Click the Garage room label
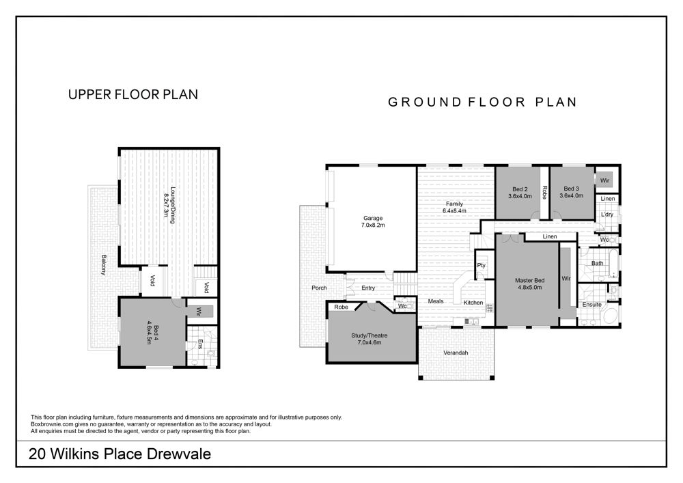click(x=373, y=218)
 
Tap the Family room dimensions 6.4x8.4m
click(x=454, y=211)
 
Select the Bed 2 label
click(x=520, y=189)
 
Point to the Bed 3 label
click(x=571, y=189)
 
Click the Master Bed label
click(x=530, y=281)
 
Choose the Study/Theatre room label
click(x=370, y=335)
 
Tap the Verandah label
click(x=456, y=353)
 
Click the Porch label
click(x=319, y=288)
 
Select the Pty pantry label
click(x=482, y=266)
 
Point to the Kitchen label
click(x=473, y=303)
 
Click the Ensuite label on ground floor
click(x=592, y=305)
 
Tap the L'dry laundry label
click(x=607, y=215)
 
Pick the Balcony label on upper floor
click(x=103, y=265)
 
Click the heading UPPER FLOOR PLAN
click(x=133, y=94)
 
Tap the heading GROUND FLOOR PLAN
click(x=483, y=102)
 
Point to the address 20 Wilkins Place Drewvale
click(x=120, y=454)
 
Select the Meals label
click(x=436, y=301)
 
